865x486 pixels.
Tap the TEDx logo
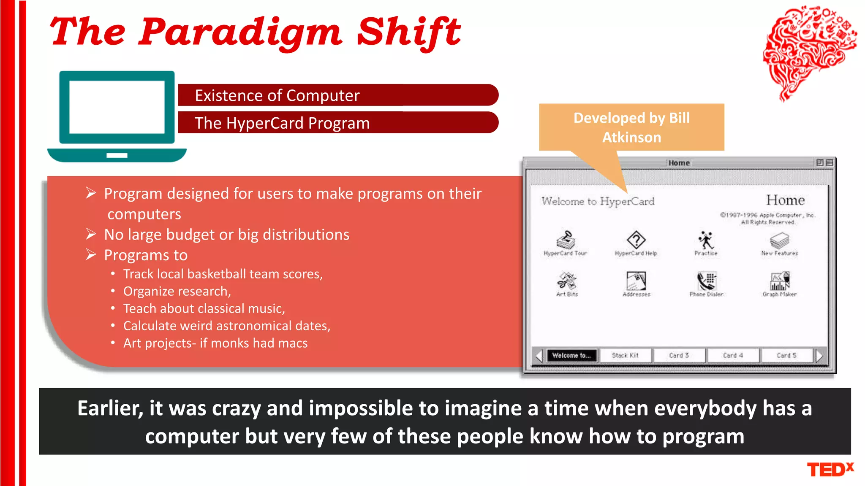pos(830,469)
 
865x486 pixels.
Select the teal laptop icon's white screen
pos(117,107)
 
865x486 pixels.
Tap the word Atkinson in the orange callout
pos(631,138)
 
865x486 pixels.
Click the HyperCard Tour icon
pos(566,240)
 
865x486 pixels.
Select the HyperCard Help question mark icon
pos(636,240)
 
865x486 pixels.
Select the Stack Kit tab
pos(625,355)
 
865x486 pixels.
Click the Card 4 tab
pos(732,355)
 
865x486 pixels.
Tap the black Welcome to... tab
pos(571,355)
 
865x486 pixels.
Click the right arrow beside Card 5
pos(819,356)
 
